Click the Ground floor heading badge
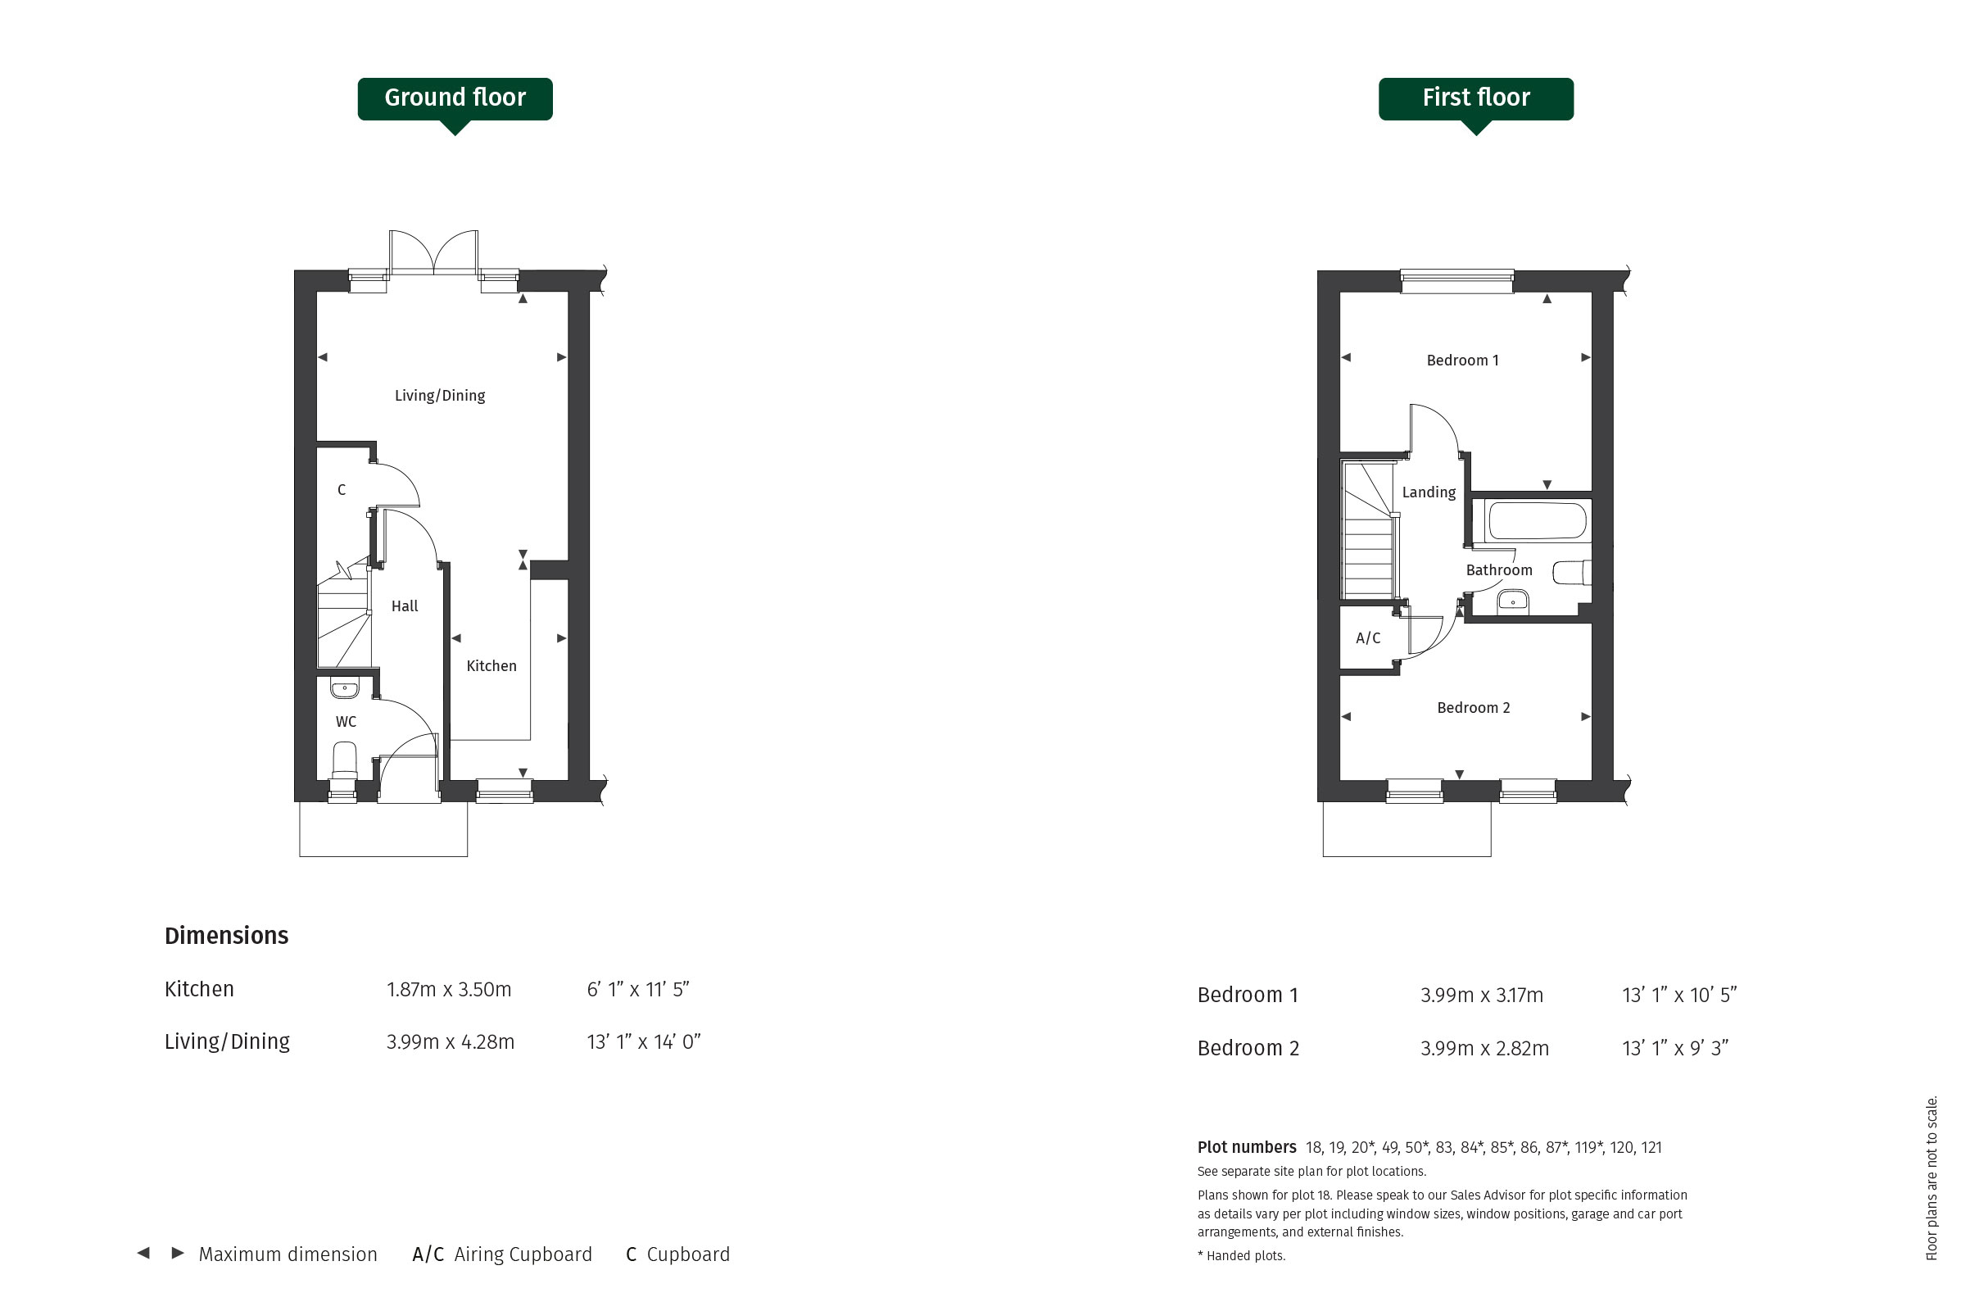point(455,100)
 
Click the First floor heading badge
point(1476,100)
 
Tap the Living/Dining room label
point(440,396)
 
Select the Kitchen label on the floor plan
point(491,665)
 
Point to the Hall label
point(405,606)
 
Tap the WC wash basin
point(344,688)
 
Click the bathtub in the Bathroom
point(1538,520)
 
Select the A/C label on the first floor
point(1368,638)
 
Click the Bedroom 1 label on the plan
point(1463,361)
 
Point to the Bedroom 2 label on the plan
point(1474,708)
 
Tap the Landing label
point(1429,492)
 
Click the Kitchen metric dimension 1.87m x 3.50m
point(449,990)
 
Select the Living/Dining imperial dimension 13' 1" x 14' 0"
point(644,1041)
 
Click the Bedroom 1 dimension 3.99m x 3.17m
point(1482,995)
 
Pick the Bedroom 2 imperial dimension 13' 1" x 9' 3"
point(1675,1048)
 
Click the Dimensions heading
point(227,936)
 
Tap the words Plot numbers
point(1246,1147)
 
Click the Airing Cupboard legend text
point(523,1254)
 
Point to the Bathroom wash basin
point(1513,601)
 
